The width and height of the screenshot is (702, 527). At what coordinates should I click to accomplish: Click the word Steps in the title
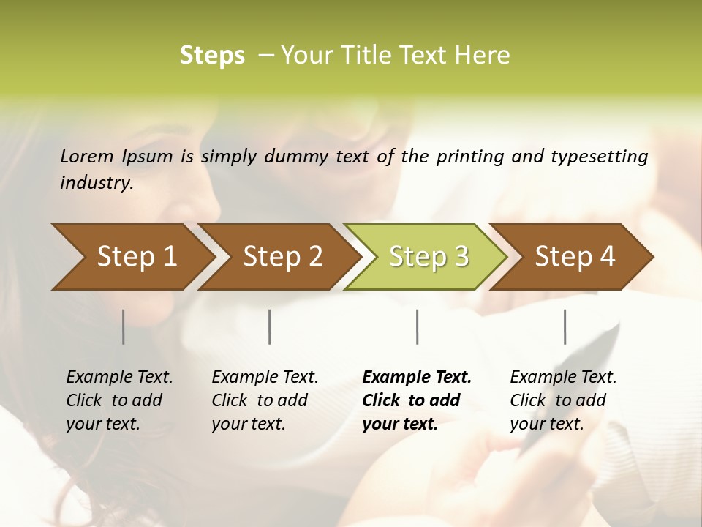click(212, 56)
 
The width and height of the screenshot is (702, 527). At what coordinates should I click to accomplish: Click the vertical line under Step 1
click(124, 326)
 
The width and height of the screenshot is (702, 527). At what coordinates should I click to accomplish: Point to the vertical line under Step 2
click(270, 326)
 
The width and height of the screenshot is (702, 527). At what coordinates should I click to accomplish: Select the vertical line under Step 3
click(417, 326)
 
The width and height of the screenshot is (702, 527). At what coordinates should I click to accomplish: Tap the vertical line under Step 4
click(565, 326)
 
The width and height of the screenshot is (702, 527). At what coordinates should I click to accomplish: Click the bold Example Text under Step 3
click(417, 378)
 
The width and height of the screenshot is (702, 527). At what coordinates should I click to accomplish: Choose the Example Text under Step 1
click(119, 378)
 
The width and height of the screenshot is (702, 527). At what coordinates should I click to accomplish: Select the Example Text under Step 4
click(563, 378)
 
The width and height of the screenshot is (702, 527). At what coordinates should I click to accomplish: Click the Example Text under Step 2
click(265, 378)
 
